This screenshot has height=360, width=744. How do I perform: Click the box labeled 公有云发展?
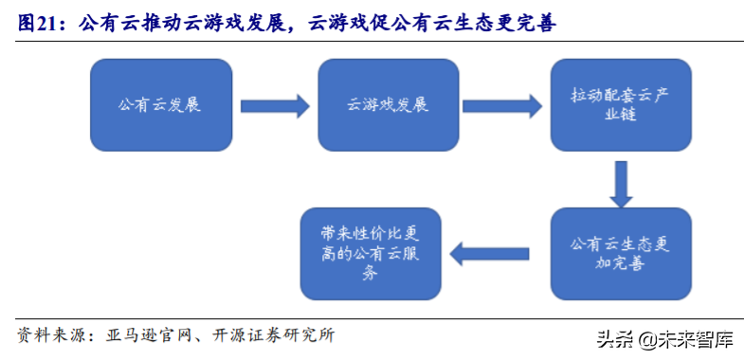point(161,105)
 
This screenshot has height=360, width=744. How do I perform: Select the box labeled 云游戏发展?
point(388,105)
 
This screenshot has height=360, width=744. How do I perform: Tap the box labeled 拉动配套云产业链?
point(620,105)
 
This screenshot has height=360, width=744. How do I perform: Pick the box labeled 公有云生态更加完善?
point(620,253)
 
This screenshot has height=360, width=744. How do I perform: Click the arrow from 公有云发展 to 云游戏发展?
point(275,105)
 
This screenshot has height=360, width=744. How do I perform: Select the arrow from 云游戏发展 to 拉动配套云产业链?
point(503,105)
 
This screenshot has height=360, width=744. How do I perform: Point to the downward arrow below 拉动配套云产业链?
point(620,184)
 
